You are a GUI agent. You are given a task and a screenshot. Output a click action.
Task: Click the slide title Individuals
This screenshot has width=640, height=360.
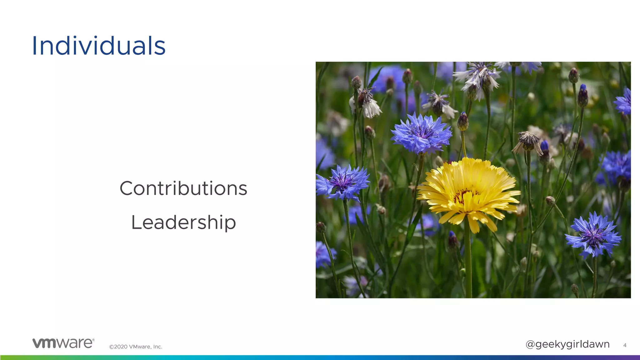point(98,46)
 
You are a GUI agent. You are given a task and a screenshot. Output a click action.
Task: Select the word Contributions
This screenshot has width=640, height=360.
point(183,188)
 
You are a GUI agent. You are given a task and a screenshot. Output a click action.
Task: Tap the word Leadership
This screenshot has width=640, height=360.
point(183,222)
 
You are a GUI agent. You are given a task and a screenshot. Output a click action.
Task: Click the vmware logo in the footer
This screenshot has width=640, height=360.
point(63,343)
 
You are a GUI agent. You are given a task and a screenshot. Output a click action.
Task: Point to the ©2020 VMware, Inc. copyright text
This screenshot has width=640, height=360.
point(136,347)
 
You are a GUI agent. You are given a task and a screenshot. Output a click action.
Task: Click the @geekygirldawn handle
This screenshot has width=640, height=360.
point(567,344)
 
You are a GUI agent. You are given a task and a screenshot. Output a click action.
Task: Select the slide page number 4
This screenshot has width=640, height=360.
point(625,345)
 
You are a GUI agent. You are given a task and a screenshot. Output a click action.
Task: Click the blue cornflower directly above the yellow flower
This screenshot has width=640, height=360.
point(421,133)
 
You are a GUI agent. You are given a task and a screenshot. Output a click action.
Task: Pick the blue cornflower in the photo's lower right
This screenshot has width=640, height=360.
point(593,235)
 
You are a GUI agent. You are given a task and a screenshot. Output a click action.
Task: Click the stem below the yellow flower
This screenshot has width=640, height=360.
point(468,262)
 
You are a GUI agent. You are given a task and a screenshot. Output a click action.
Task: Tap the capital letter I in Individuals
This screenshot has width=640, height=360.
point(34,46)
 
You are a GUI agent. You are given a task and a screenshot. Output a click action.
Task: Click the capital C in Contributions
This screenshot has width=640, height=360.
point(127,188)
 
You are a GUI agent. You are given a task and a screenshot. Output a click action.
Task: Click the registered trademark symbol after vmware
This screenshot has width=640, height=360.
point(93,340)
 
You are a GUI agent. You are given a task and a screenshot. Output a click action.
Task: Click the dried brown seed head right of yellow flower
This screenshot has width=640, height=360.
point(528,142)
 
